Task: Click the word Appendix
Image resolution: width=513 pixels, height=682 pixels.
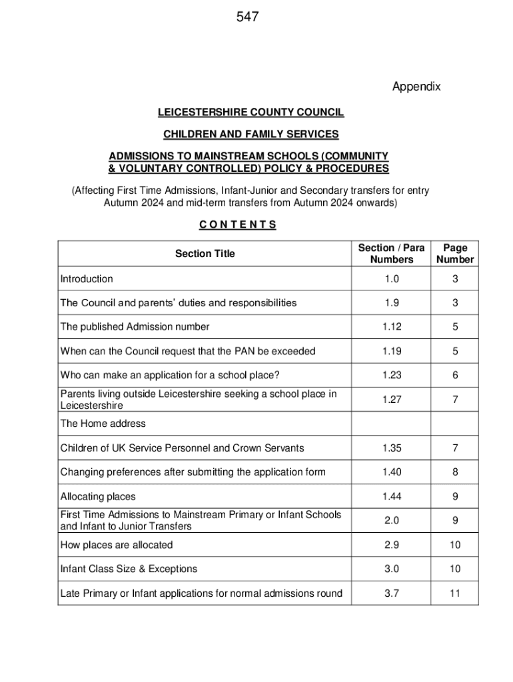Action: [416, 87]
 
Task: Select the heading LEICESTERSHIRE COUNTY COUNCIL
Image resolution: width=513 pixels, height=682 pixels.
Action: [251, 113]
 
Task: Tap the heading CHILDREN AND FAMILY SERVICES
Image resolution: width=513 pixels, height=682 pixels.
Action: [251, 135]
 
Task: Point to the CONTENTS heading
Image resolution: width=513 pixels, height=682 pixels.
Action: [237, 224]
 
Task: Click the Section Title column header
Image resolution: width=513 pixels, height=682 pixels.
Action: [205, 254]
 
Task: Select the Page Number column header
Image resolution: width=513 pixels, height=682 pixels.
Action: [455, 254]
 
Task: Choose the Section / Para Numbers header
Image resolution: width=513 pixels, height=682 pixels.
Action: [391, 254]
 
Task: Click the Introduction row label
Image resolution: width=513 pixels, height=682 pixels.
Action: [87, 279]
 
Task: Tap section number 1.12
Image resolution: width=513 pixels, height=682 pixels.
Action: [391, 327]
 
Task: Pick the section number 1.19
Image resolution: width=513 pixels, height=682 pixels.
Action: [391, 351]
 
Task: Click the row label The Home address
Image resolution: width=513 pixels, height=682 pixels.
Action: [103, 424]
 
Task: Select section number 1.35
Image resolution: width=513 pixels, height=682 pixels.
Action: [391, 448]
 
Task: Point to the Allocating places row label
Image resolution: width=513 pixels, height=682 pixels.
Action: [98, 496]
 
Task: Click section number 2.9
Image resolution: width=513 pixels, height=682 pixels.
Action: [391, 545]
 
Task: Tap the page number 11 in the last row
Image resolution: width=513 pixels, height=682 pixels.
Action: [455, 593]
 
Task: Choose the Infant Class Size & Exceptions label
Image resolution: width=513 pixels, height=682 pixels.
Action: [129, 569]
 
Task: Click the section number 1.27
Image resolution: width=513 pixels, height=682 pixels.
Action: [391, 400]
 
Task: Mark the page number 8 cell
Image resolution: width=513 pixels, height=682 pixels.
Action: [455, 472]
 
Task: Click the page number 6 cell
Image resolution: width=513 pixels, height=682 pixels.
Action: [455, 376]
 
